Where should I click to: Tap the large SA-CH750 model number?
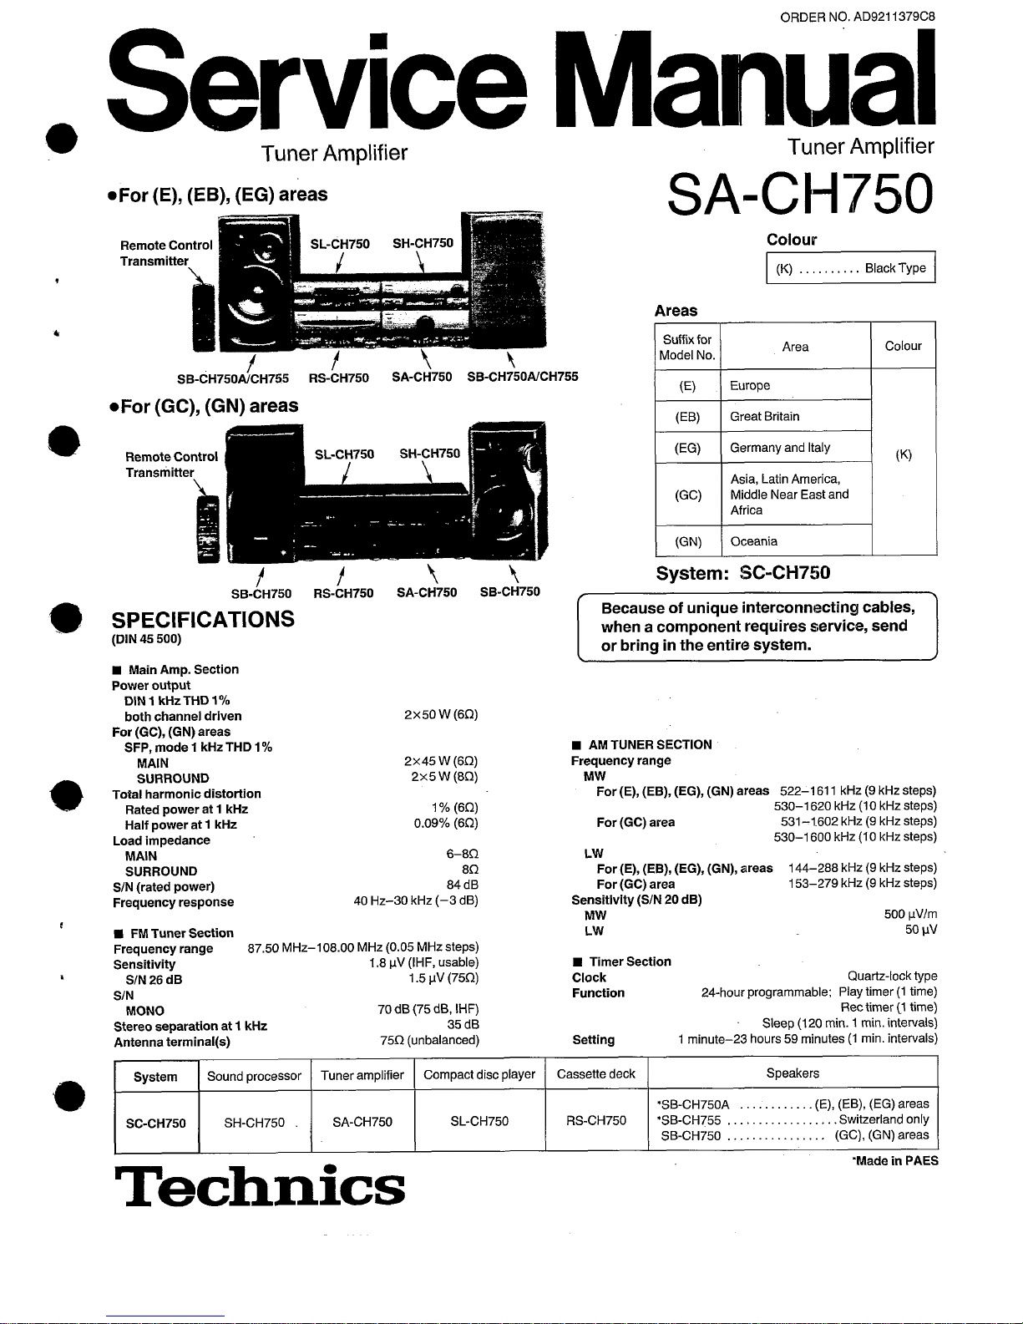tap(799, 194)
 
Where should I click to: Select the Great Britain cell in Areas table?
tap(765, 416)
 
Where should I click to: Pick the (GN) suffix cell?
tap(687, 541)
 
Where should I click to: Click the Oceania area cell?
tap(753, 541)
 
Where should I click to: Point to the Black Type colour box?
tap(850, 268)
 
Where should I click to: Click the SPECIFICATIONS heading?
tap(203, 620)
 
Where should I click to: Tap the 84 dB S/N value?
tap(462, 885)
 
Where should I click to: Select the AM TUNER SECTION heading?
tap(650, 744)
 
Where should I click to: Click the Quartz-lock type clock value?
tap(892, 976)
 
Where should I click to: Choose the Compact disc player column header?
tap(479, 1075)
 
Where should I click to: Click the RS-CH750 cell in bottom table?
tap(596, 1121)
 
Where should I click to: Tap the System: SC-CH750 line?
tap(743, 573)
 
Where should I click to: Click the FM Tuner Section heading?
tap(181, 933)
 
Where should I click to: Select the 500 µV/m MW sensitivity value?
tap(910, 915)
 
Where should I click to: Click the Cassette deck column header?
tap(596, 1074)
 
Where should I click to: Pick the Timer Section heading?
tap(630, 961)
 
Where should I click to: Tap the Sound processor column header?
tap(254, 1076)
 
